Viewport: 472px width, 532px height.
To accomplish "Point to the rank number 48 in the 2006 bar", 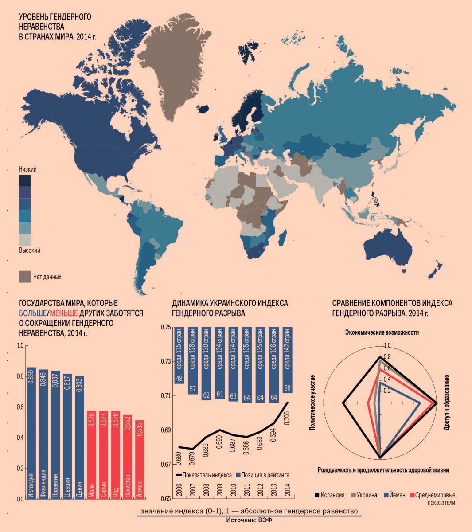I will point(179,378).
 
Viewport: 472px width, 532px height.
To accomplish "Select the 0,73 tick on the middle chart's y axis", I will point(165,361).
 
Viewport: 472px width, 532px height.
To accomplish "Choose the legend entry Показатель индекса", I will point(203,475).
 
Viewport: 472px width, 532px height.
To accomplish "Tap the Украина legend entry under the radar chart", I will point(364,495).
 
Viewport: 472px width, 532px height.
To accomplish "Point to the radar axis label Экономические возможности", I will point(382,332).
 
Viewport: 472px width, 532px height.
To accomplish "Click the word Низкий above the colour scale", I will point(27,169).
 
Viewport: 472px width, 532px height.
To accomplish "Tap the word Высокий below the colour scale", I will point(29,250).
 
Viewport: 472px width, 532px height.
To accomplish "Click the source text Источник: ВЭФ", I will point(249,520).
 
